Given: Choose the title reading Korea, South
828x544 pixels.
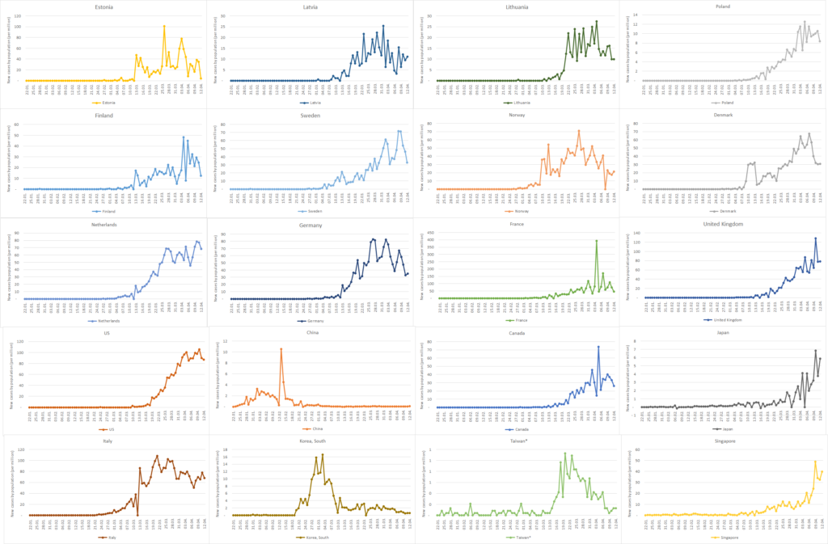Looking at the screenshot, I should click(x=310, y=442).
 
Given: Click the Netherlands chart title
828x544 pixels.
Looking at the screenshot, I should click(x=103, y=224).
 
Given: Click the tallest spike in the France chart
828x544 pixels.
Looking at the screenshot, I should click(x=597, y=241).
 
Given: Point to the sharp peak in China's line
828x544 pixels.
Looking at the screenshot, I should click(x=281, y=348).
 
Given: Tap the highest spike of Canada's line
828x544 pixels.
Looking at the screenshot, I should click(x=598, y=347).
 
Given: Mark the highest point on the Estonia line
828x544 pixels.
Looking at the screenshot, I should click(x=164, y=27).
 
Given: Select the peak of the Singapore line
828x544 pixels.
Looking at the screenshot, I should click(x=815, y=462).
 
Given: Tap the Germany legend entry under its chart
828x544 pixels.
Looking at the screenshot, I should click(x=310, y=321).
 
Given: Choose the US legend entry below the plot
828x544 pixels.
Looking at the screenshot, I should click(x=103, y=429).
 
